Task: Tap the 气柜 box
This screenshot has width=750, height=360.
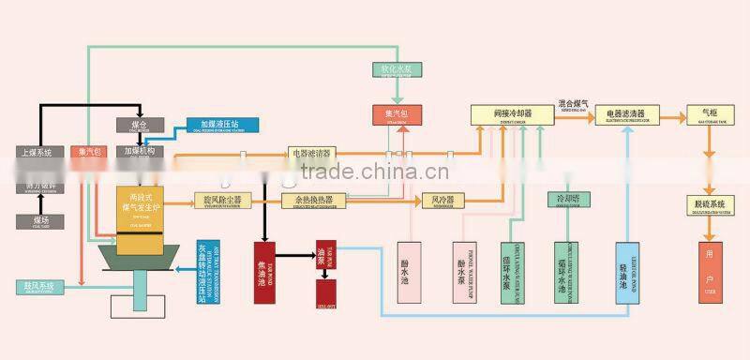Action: (x=702, y=114)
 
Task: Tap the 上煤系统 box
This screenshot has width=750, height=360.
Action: (x=39, y=151)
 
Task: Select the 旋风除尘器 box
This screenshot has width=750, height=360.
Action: (x=222, y=200)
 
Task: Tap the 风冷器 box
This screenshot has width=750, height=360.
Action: (x=443, y=200)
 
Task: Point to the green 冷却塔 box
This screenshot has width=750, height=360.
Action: (x=568, y=200)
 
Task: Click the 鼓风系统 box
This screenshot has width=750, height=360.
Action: (x=38, y=285)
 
